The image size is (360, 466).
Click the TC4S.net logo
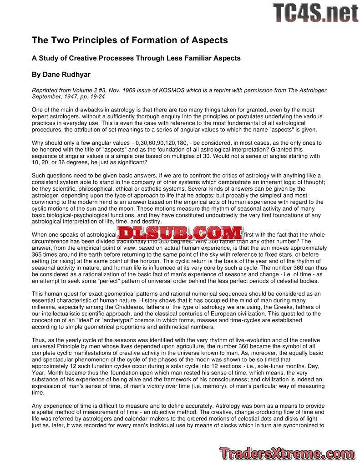pos(315,13)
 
